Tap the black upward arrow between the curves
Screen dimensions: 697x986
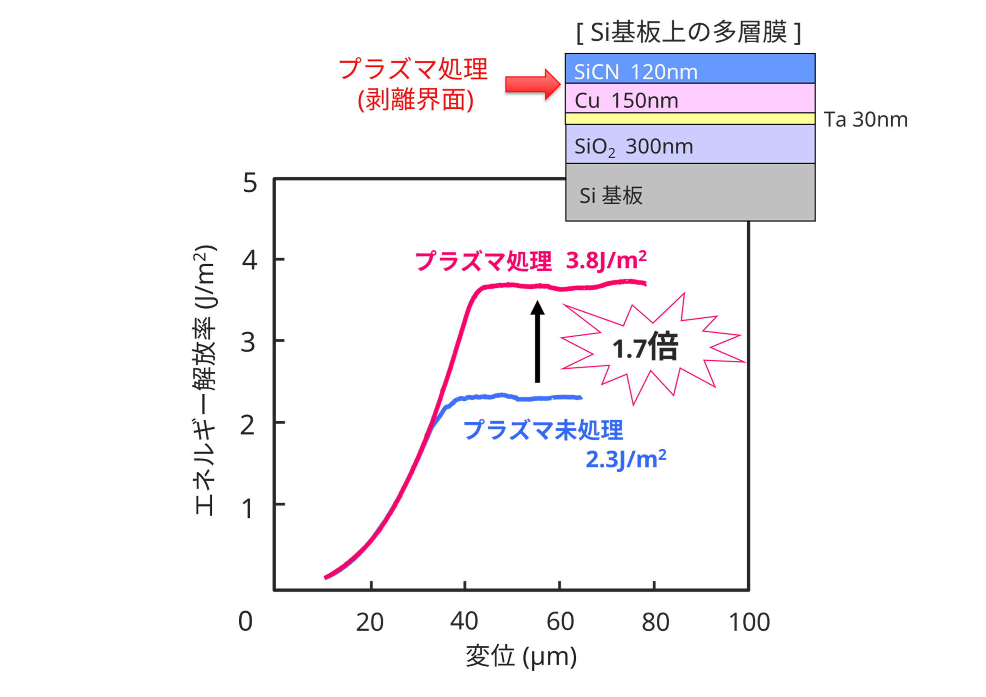pyautogui.click(x=537, y=341)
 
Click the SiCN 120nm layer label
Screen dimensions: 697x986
pyautogui.click(x=636, y=72)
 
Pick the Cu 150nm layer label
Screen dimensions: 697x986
pyautogui.click(x=626, y=101)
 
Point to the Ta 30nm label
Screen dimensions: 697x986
pyautogui.click(x=865, y=120)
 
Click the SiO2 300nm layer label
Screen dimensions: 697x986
pyautogui.click(x=634, y=147)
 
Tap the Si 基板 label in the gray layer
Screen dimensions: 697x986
pyautogui.click(x=611, y=196)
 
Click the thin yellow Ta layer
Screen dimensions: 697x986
pyautogui.click(x=690, y=119)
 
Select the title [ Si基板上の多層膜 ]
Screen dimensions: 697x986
pyautogui.click(x=689, y=32)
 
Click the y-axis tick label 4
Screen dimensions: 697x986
pyautogui.click(x=250, y=260)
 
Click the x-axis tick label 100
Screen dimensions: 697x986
pyautogui.click(x=750, y=622)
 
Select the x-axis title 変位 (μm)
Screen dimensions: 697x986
pyautogui.click(x=521, y=657)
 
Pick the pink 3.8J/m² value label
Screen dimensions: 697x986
pyautogui.click(x=606, y=261)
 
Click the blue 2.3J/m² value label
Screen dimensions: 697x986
pyautogui.click(x=626, y=460)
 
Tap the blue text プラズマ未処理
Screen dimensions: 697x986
pyautogui.click(x=543, y=430)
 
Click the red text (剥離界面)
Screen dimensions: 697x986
pyautogui.click(x=416, y=100)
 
